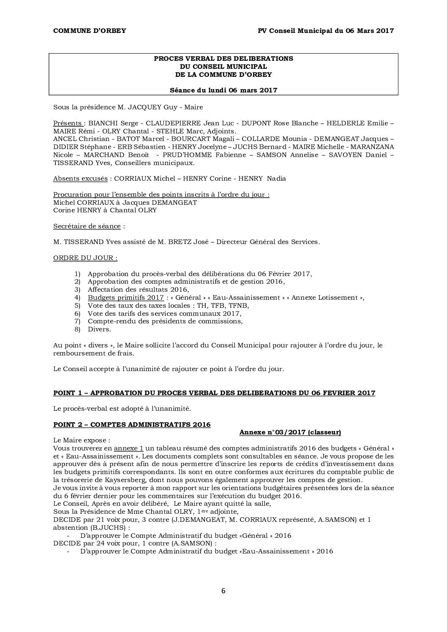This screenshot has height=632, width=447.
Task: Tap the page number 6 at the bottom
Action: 223,591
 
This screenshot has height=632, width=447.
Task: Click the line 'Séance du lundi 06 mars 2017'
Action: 223,90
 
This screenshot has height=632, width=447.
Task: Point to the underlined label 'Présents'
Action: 68,123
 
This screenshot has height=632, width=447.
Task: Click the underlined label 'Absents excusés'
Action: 80,179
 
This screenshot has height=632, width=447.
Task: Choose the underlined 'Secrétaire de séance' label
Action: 87,226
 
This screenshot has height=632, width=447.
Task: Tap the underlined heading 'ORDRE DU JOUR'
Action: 84,258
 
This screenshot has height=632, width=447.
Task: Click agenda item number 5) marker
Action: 77,306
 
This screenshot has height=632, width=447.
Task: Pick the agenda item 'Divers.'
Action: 99,329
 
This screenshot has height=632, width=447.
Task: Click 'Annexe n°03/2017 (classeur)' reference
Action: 290,432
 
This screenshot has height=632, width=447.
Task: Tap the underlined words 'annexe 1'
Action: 129,448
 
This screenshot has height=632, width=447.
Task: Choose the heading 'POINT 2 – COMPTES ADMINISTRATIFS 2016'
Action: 132,425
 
